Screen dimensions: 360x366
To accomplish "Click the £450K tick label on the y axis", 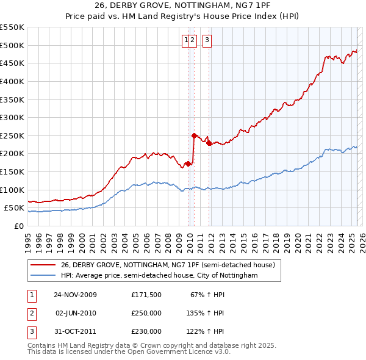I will click(12, 63).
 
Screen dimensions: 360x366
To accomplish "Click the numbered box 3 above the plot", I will click(207, 41).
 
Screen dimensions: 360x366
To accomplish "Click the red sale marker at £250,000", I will click(194, 135).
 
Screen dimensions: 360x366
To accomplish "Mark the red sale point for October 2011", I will click(209, 143).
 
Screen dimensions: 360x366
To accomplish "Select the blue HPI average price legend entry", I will click(159, 276).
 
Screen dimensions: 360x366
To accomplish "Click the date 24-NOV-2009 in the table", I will click(76, 295).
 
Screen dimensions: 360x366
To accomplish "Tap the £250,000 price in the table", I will click(146, 313).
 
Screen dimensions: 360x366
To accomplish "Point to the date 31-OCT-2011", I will click(76, 331).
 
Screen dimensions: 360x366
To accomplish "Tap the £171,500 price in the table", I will click(146, 295).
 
